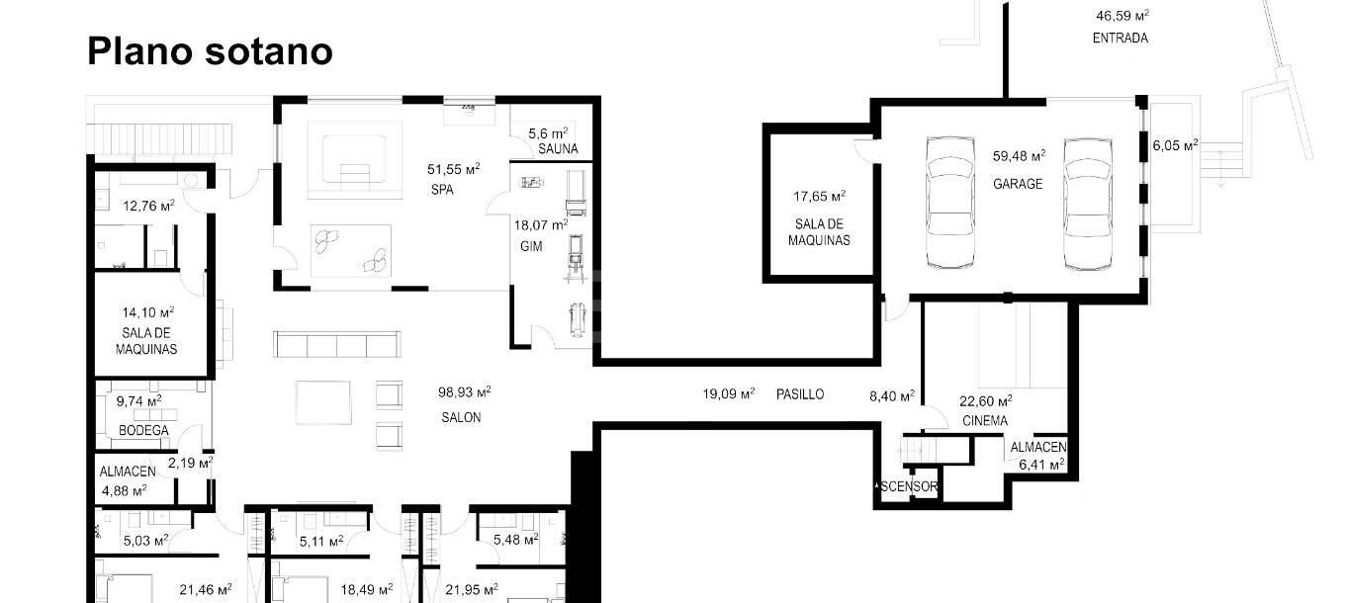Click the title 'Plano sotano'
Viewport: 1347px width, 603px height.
(210, 51)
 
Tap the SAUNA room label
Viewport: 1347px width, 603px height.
(558, 149)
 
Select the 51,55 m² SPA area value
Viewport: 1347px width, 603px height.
(453, 169)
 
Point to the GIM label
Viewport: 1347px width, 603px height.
(531, 246)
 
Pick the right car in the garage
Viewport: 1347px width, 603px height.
(1087, 205)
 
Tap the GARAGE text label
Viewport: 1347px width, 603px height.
(1018, 184)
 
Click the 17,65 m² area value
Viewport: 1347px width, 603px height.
(819, 196)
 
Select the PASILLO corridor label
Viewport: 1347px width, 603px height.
(800, 394)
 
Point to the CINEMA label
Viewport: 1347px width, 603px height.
(985, 421)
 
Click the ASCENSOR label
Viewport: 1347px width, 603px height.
(908, 486)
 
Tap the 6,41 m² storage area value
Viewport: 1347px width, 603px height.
(1041, 465)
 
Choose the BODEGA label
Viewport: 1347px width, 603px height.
(143, 430)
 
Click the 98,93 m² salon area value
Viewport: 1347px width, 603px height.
(464, 392)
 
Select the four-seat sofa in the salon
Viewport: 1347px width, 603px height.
(336, 344)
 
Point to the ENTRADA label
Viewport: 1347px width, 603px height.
(1121, 38)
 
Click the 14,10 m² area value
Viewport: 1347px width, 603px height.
(148, 312)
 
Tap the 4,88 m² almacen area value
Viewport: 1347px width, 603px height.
(124, 490)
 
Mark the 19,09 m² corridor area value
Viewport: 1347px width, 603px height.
(729, 393)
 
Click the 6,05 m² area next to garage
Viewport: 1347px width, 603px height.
(1175, 145)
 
